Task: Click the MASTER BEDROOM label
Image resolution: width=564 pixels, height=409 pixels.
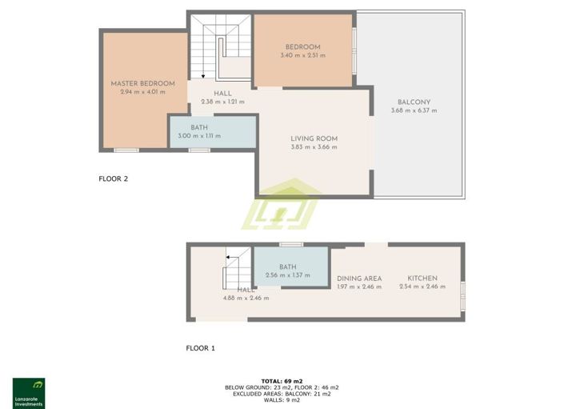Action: (142, 83)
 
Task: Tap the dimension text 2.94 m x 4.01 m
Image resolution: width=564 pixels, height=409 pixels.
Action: (142, 92)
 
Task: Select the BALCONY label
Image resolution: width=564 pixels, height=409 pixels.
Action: (414, 102)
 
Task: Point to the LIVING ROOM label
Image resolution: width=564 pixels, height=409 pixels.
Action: (314, 138)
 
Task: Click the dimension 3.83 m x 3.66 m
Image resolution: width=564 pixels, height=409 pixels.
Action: (314, 147)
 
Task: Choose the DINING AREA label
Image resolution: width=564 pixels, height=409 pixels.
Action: (359, 279)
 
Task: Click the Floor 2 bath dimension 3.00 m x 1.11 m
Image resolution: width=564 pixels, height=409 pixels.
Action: (205, 136)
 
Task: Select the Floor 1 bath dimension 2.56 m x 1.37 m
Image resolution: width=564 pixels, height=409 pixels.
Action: (288, 276)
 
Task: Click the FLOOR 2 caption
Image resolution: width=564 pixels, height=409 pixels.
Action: (113, 179)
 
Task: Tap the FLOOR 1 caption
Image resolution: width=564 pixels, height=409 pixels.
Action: (201, 348)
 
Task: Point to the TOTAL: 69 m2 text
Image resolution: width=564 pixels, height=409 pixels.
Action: (282, 381)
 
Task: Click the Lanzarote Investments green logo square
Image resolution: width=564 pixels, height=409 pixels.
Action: (29, 387)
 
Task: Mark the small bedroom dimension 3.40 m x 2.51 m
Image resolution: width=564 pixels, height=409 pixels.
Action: (302, 55)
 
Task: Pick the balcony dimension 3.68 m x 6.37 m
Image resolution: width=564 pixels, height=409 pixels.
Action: (414, 110)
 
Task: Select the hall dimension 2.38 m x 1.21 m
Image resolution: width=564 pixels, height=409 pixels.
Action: (222, 102)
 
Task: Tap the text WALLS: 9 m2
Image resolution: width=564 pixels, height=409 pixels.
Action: (282, 400)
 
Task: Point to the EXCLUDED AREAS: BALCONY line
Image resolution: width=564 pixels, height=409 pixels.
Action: (282, 394)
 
